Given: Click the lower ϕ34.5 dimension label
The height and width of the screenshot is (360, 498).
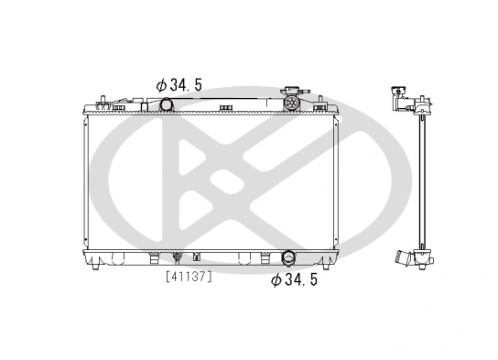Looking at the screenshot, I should click(x=295, y=280).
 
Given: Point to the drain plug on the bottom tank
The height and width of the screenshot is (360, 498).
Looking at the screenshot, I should click(x=177, y=259).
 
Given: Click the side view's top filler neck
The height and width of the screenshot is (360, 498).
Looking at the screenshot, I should click(x=399, y=90).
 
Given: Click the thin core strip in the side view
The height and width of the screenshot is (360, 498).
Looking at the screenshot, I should click(x=422, y=179).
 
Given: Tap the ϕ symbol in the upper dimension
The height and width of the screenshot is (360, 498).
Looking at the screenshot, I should click(x=161, y=83).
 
